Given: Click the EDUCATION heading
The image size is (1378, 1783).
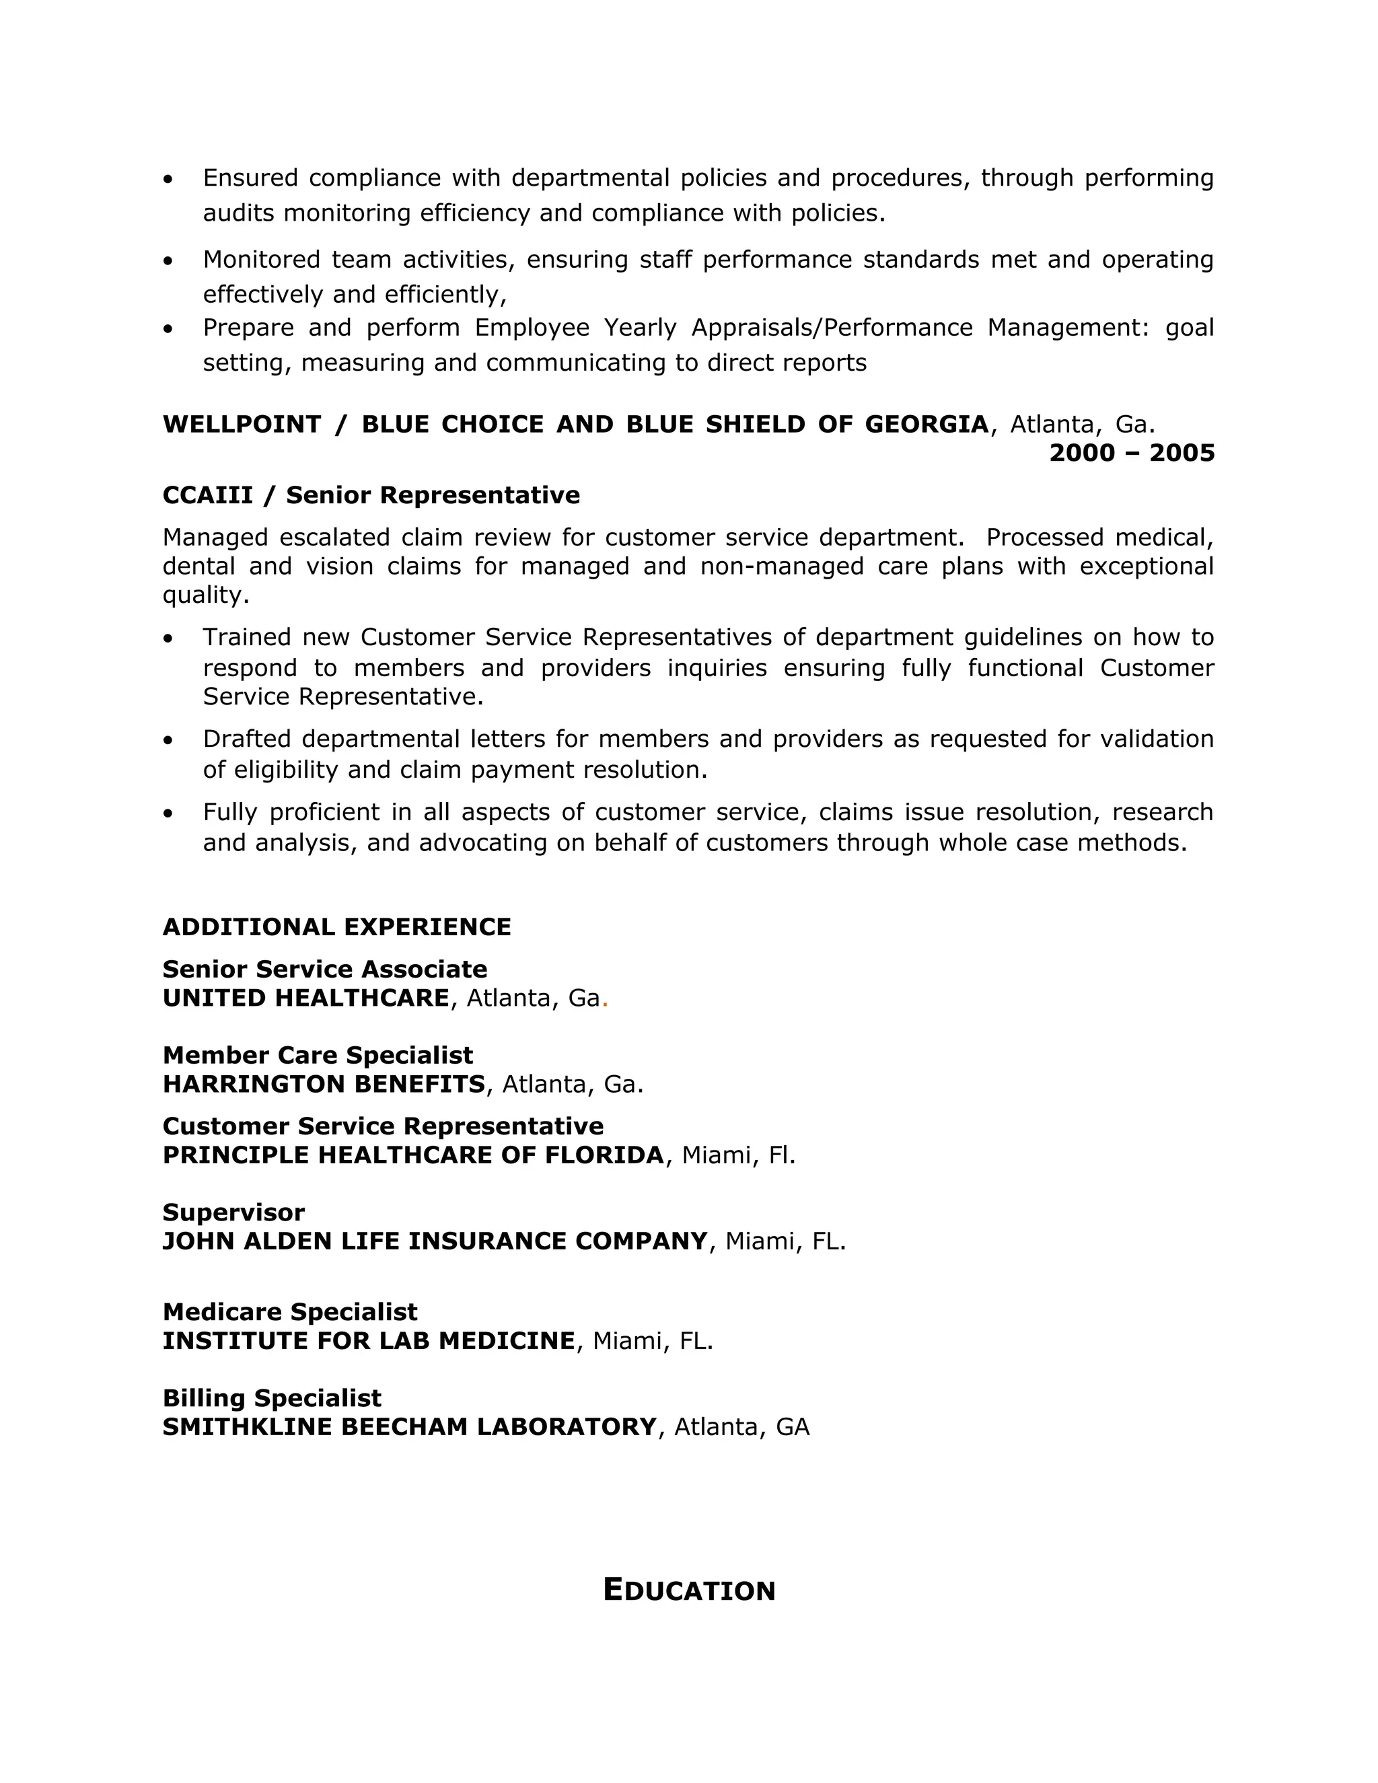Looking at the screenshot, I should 689,1591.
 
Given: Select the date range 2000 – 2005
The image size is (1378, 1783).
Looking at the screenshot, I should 1132,452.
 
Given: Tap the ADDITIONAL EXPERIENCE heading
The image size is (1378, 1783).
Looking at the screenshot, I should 336,926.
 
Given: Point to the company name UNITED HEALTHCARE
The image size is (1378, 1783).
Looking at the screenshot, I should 306,998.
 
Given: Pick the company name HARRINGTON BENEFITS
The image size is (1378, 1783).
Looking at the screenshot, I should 324,1083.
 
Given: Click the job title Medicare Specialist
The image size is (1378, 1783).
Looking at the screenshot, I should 290,1312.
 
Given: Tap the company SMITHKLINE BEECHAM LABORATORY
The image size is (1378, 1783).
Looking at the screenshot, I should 410,1426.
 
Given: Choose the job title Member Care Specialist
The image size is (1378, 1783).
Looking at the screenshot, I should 318,1055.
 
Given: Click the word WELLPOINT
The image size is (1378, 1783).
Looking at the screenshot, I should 242,425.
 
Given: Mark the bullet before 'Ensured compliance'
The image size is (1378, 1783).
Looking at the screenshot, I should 168,179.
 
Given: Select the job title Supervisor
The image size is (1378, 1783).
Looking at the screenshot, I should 233,1212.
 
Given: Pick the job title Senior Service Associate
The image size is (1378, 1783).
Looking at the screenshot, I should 325,969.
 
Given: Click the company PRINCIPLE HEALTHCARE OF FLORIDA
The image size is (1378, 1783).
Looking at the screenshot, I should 414,1155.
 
